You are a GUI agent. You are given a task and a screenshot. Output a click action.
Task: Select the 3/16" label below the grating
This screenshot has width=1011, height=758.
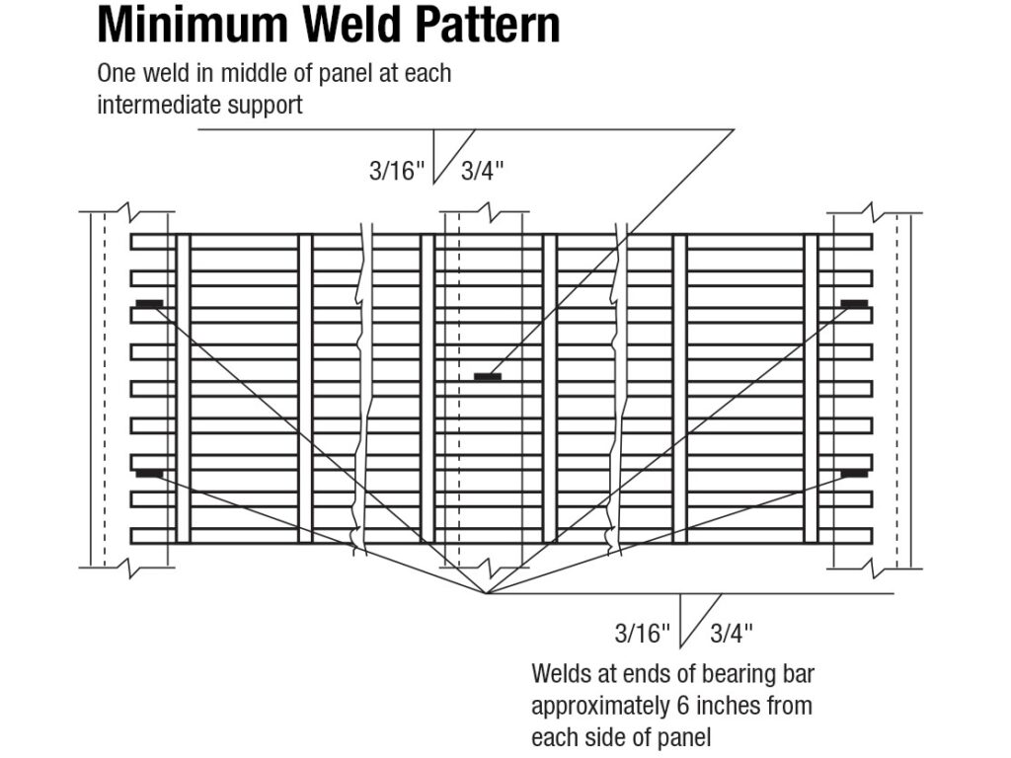(x=643, y=632)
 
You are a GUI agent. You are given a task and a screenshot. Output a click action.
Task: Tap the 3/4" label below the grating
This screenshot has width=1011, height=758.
(x=732, y=632)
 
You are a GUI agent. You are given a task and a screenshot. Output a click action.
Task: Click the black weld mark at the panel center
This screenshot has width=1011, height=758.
(x=488, y=376)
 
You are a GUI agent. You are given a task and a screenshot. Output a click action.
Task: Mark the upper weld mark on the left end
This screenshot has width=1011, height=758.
(x=149, y=302)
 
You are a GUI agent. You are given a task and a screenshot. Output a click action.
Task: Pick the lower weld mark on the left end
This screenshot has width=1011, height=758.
(x=149, y=473)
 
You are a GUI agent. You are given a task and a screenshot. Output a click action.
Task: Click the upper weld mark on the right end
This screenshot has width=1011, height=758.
(x=855, y=302)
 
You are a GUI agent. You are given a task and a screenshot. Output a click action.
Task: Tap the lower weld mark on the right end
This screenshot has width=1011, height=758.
(x=855, y=473)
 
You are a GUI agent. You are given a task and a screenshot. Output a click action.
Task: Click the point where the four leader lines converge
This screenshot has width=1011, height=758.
(x=486, y=593)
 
